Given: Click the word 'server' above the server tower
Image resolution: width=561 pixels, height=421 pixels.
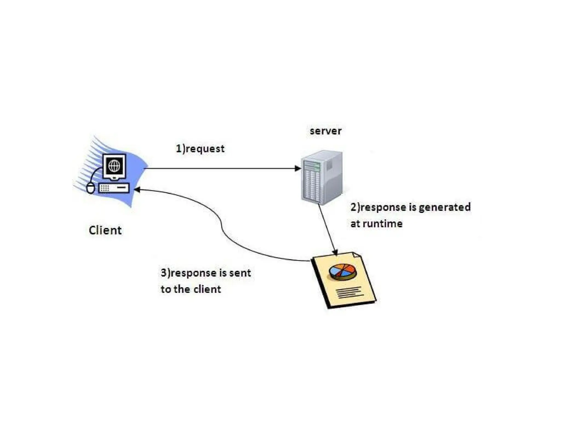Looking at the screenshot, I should point(325,131).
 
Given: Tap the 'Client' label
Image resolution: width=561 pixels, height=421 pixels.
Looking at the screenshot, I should point(105,230).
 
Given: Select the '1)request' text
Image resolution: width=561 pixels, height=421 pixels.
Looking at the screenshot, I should point(200,149).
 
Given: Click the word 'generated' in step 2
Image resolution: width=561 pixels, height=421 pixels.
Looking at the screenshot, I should point(445,207).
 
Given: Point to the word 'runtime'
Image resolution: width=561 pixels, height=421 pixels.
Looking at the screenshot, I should point(382,224).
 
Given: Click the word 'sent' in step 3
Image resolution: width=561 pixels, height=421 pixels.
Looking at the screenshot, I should point(240,273).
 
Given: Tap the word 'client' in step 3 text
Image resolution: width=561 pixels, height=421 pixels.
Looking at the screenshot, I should point(207,289).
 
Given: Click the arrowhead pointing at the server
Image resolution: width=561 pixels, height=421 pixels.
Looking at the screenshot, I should point(297,168).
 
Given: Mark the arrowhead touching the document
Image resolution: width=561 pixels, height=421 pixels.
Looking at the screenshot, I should point(335,252).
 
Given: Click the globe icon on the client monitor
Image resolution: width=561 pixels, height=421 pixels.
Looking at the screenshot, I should point(115,166).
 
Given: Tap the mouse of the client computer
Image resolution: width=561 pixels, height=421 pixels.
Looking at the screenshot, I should point(91,188).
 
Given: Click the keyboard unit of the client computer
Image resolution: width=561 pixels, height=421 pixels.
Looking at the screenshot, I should point(114,188).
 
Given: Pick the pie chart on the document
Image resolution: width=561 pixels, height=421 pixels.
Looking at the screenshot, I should point(343,272).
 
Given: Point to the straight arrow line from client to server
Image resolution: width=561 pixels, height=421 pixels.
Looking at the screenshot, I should point(219,168).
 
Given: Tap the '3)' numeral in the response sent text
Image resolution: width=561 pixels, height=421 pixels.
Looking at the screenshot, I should point(165,273).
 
